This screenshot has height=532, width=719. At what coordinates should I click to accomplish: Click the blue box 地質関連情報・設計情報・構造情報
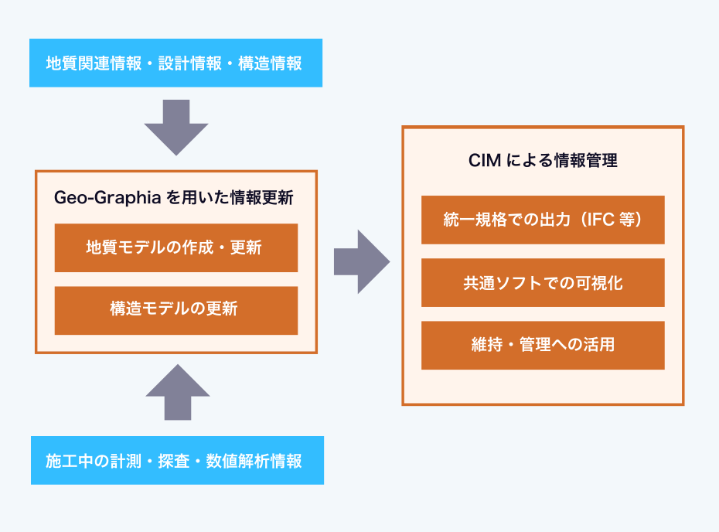(175, 63)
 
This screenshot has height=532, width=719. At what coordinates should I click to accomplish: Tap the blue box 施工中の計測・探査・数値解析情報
(178, 460)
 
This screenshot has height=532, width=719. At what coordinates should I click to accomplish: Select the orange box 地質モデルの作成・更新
(176, 247)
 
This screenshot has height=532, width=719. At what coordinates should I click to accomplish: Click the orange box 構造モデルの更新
(176, 311)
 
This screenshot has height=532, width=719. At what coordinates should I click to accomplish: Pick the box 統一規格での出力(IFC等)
(543, 220)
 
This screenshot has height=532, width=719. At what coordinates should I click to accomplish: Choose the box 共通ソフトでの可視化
(543, 282)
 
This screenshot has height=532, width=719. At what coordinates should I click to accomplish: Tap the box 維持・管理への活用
(543, 346)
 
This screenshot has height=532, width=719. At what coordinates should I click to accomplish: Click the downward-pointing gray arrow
(176, 128)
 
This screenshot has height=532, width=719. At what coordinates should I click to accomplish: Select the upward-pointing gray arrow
(178, 392)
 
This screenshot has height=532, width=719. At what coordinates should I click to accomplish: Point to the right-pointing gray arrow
(362, 261)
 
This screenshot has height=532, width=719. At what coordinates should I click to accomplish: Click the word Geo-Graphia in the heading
(107, 198)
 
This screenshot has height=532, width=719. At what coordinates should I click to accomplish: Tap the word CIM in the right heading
(485, 161)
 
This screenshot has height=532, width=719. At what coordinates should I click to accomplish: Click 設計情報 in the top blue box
(190, 63)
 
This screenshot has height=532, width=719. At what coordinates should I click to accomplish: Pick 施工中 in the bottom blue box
(70, 461)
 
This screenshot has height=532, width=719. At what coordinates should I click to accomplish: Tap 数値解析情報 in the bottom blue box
(254, 461)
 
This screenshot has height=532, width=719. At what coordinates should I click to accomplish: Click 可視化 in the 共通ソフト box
(599, 283)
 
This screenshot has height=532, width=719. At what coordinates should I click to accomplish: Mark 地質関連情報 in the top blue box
(94, 63)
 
